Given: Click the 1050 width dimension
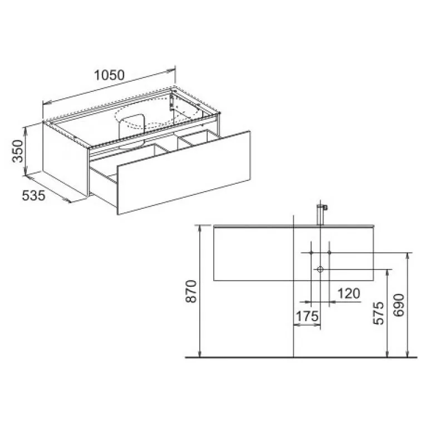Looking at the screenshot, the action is (109, 75).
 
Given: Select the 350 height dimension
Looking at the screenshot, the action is (17, 151).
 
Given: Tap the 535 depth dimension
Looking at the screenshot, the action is (33, 195).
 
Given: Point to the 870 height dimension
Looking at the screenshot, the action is (191, 291).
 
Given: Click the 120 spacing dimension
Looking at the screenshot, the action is (349, 293).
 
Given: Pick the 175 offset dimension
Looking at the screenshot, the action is (307, 316).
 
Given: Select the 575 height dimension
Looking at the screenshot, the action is (378, 313).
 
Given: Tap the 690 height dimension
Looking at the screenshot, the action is (399, 305).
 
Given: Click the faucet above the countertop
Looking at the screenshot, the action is (321, 214).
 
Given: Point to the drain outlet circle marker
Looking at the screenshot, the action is (320, 269).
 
